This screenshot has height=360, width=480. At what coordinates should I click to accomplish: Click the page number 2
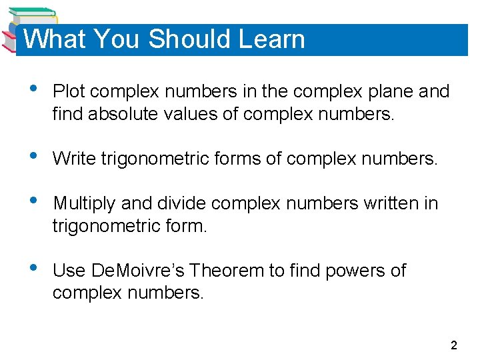tap(454, 345)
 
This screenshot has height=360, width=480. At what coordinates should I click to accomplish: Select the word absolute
tap(116, 114)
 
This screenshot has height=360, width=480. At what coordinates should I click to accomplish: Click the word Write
tap(73, 159)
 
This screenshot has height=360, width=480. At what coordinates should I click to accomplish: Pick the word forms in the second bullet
tap(224, 159)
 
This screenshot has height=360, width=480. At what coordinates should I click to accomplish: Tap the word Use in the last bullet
tap(67, 271)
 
